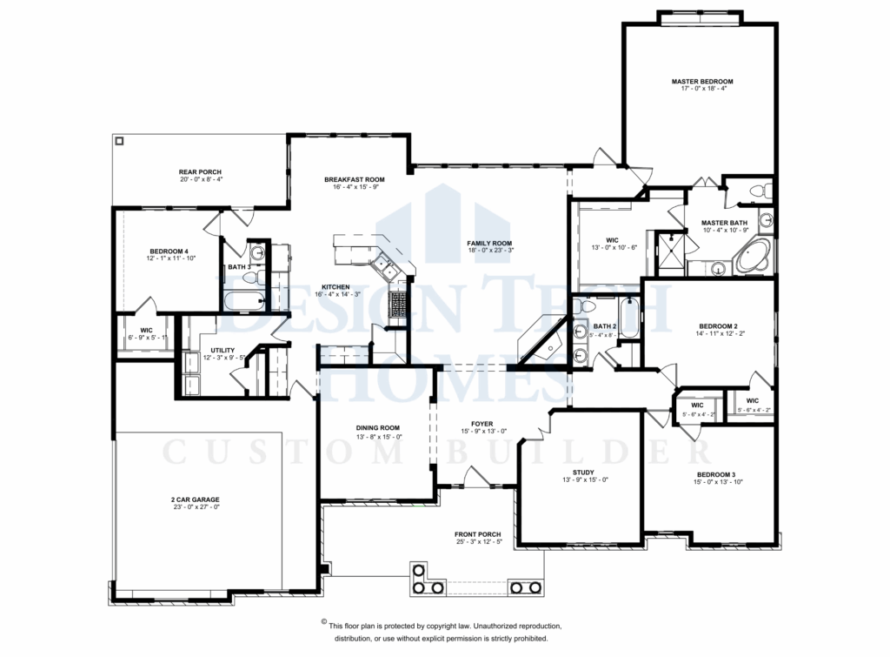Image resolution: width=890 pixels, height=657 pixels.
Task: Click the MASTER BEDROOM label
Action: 701,81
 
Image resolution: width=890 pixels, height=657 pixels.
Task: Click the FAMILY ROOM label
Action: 489,243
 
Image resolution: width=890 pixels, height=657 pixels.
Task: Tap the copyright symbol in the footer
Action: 323,623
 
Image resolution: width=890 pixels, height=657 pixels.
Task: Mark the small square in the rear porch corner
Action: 120,141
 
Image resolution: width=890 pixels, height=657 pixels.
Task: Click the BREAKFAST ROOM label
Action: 354,179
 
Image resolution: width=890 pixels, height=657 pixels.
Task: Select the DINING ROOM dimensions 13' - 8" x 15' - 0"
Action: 377,437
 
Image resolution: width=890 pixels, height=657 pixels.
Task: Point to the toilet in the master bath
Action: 755,191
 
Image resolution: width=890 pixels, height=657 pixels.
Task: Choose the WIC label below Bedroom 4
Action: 146,330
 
